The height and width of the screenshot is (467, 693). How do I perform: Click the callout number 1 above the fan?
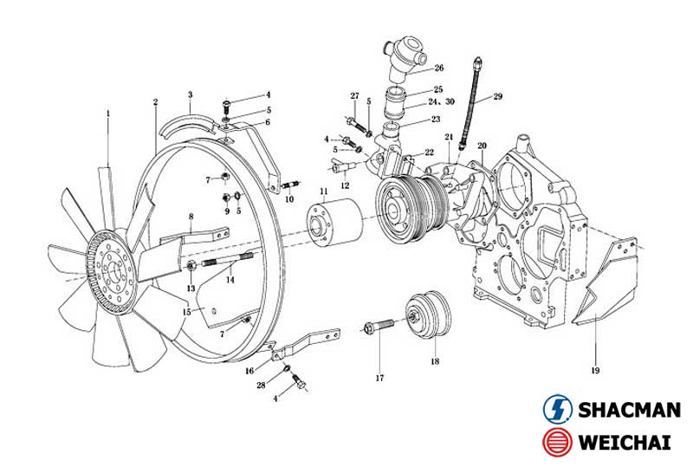[108, 113]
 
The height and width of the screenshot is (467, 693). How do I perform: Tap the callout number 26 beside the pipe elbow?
[439, 68]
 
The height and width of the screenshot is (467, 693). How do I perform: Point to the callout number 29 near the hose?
[498, 97]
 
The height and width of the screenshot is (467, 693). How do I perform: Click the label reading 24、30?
[443, 102]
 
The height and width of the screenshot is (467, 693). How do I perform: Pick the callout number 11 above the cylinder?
[323, 191]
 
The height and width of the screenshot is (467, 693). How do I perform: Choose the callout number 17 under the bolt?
[379, 377]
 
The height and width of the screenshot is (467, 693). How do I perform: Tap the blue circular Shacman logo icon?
[556, 409]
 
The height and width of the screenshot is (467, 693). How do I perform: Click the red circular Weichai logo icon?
[556, 442]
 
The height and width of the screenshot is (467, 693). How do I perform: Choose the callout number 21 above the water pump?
[449, 138]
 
